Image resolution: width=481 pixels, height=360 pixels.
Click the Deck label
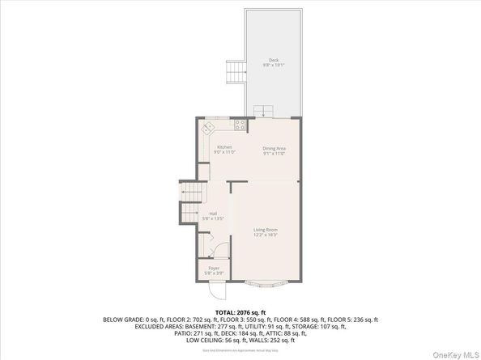[x=274, y=60]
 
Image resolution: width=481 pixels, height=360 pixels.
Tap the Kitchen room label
[x=223, y=146]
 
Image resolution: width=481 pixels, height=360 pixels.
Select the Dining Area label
[x=275, y=148]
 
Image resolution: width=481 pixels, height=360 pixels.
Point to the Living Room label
[x=266, y=230]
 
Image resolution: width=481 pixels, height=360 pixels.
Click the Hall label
[x=212, y=214]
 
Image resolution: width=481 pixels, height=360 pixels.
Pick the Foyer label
[x=214, y=268]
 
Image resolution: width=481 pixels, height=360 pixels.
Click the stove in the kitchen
[x=240, y=125]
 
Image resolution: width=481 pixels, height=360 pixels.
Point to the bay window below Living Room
[x=266, y=285]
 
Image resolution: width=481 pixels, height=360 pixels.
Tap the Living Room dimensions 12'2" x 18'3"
[x=266, y=235]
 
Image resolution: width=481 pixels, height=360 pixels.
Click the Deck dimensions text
[x=274, y=65]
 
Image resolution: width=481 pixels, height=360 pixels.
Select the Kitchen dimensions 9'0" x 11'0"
[x=223, y=152]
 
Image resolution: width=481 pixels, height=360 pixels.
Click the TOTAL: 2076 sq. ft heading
[x=240, y=311]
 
